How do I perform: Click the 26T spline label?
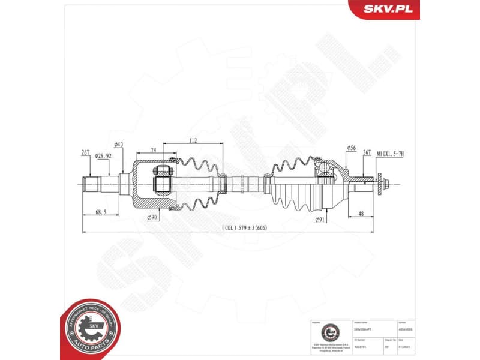coord(85,152)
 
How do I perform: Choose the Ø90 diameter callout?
coord(152,218)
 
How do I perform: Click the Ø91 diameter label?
coord(320,220)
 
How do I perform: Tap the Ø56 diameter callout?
coord(351,148)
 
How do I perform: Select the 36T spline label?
coord(367,152)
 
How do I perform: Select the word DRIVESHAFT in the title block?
coord(364,329)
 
